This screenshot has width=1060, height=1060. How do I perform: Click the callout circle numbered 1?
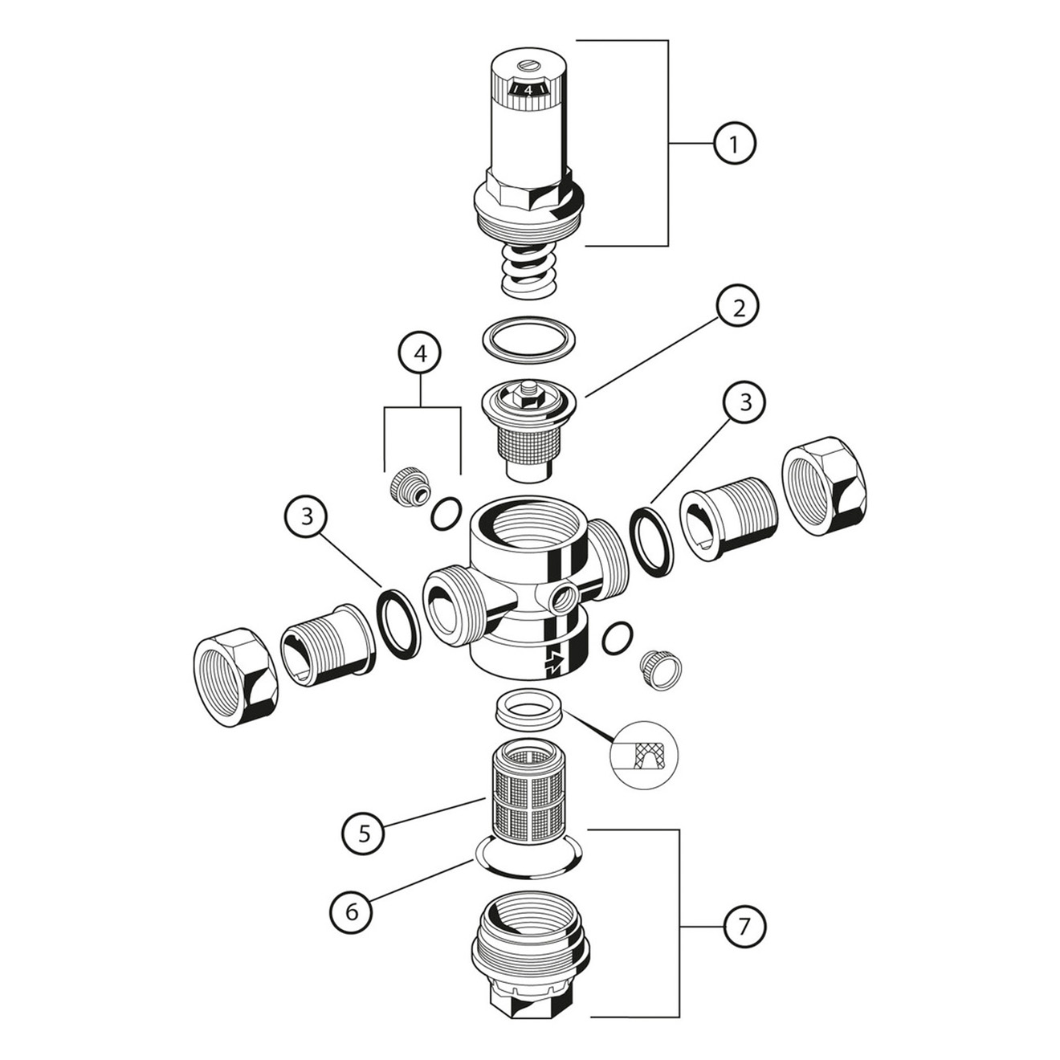(734, 143)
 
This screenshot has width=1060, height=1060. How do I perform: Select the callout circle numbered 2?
(739, 308)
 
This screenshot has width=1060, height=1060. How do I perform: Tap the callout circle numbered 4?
(421, 353)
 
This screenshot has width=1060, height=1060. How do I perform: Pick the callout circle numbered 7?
(743, 927)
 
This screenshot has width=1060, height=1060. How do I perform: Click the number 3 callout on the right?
(745, 402)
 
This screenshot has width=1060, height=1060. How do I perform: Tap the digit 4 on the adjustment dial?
(528, 90)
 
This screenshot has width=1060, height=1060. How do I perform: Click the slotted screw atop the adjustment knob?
(527, 67)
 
